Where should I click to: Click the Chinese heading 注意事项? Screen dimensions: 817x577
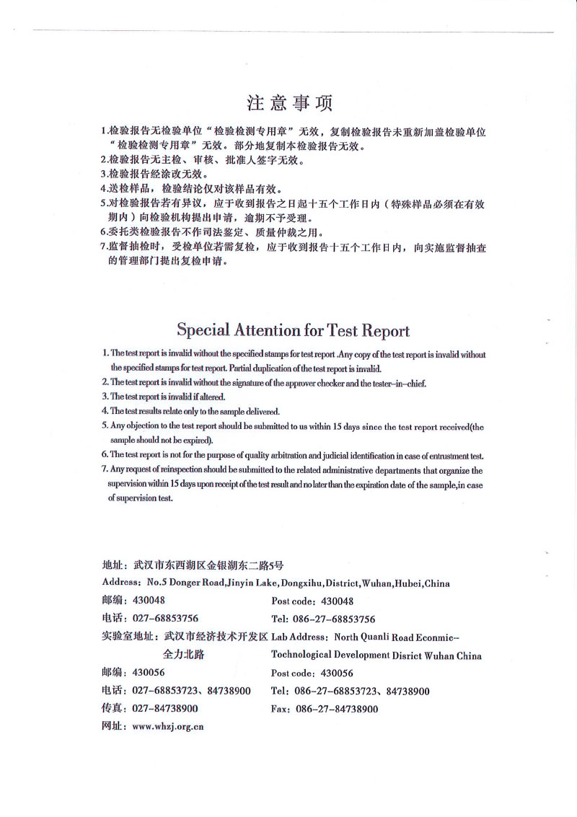(290, 103)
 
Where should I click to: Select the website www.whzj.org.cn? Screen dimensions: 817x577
(167, 727)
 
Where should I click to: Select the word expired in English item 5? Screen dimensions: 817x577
(199, 439)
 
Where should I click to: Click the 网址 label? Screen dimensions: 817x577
(113, 727)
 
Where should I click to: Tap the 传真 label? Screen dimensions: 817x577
(113, 710)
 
